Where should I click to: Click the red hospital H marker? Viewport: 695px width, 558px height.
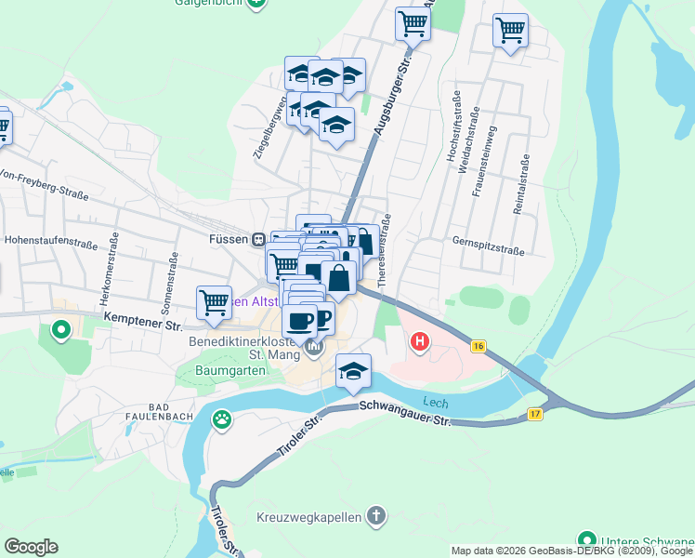click(420, 342)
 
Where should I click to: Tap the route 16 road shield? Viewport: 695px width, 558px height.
click(479, 346)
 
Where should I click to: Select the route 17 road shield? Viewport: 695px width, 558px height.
click(535, 414)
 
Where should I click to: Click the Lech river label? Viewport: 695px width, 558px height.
click(436, 402)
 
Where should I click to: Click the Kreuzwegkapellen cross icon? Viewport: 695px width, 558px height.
click(375, 516)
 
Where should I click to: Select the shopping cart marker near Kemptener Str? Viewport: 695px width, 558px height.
click(214, 302)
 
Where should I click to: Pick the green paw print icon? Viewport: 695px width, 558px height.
click(223, 420)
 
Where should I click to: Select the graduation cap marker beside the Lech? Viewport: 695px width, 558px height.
click(353, 371)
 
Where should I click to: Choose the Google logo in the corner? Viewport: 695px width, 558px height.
click(31, 546)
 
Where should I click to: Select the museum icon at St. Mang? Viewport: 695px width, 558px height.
click(314, 349)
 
